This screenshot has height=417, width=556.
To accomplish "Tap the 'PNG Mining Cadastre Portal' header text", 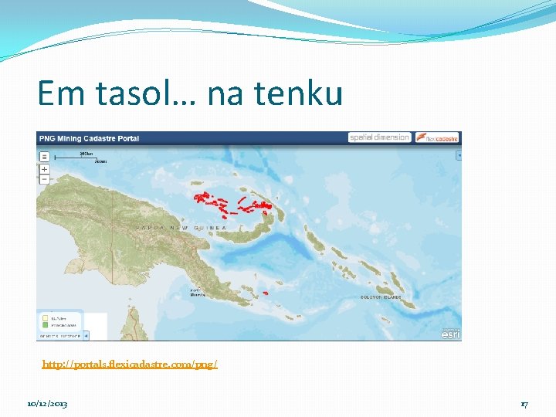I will click(x=89, y=138).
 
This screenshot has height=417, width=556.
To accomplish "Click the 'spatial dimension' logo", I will click(x=379, y=137).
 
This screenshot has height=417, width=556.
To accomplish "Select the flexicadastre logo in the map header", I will click(x=437, y=137).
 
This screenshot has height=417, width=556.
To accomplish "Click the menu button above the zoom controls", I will click(x=44, y=155).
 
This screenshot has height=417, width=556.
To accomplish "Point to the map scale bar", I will click(x=90, y=156).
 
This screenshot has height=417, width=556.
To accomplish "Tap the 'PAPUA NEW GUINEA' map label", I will click(x=182, y=229).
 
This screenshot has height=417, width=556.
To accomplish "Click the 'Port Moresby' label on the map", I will click(x=198, y=293).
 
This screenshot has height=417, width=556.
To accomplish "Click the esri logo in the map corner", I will click(x=450, y=334).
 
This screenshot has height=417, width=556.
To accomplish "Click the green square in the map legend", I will click(x=45, y=326).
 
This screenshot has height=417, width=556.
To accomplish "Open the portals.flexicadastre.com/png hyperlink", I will click(x=130, y=364).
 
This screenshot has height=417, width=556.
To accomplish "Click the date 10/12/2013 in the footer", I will click(x=46, y=404).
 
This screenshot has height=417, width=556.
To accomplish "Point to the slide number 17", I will click(x=524, y=404).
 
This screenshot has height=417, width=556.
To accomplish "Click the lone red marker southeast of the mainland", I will click(x=265, y=293).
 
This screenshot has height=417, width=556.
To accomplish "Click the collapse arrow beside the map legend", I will click(x=86, y=335).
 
